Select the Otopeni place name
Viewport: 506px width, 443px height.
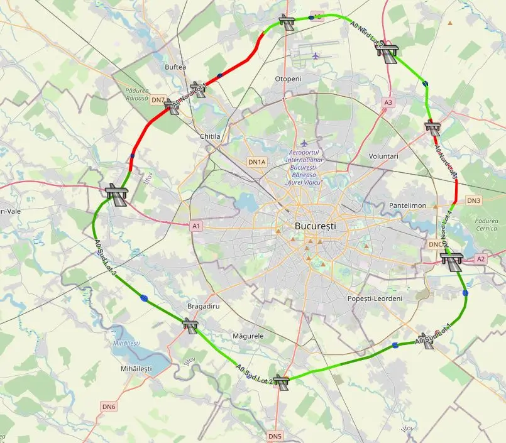tap(289, 79)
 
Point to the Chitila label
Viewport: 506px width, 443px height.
tap(209, 136)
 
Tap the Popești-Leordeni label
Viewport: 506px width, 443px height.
tap(375, 298)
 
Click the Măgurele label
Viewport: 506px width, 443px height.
tap(248, 336)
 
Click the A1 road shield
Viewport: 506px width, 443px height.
tap(196, 226)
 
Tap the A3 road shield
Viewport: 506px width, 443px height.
tap(388, 102)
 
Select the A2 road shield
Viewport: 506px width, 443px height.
tap(481, 259)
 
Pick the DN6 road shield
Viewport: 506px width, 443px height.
tap(109, 407)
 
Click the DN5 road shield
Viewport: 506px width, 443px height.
tap(275, 436)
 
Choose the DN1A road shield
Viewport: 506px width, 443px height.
tap(257, 162)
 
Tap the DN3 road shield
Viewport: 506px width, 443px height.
tap(473, 200)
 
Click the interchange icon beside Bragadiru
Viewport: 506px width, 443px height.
tap(190, 325)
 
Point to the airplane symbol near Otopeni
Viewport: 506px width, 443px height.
tap(316, 55)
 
